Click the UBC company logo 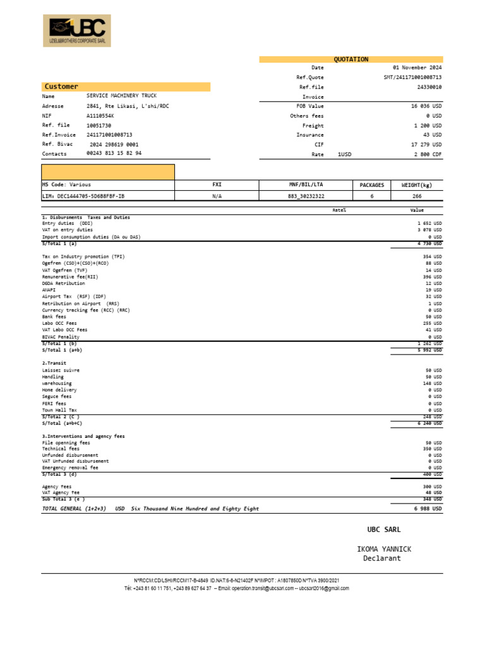(76, 31)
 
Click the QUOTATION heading (350, 59)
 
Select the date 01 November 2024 (417, 68)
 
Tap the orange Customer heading (61, 87)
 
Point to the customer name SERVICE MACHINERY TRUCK (121, 97)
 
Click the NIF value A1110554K (101, 116)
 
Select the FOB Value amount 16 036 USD (426, 106)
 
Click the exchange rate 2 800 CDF (428, 154)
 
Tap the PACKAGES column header (371, 185)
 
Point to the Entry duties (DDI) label (67, 223)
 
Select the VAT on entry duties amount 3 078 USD (429, 230)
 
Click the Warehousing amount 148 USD (433, 384)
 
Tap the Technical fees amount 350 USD (433, 449)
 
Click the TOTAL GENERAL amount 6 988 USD (428, 509)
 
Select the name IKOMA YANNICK (383, 549)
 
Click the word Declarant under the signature (382, 558)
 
